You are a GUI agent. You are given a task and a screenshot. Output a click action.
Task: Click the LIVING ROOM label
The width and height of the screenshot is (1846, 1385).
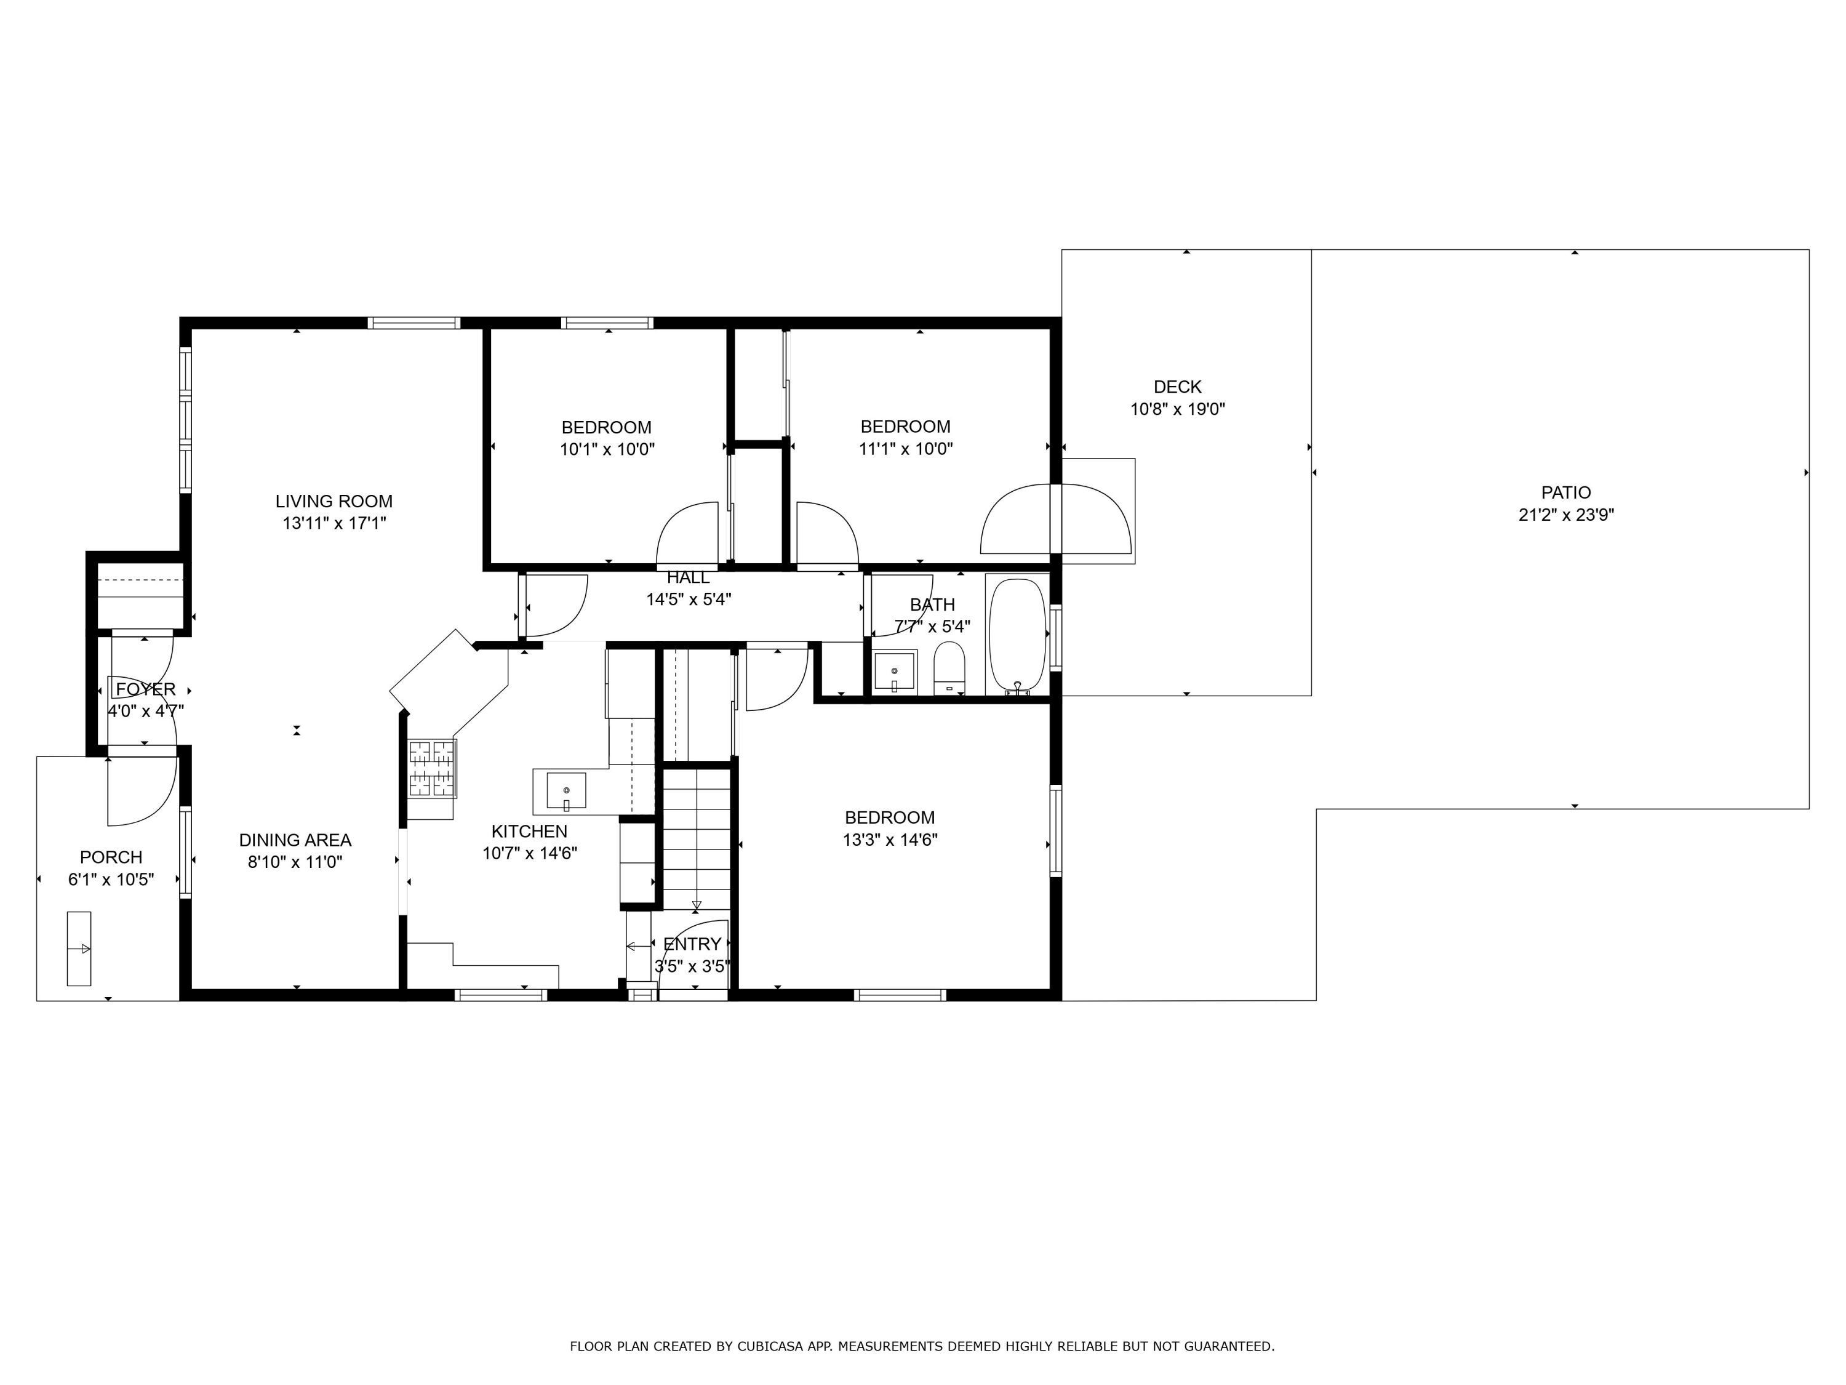pyautogui.click(x=334, y=501)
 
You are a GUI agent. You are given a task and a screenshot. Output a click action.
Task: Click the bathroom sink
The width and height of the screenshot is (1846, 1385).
pyautogui.click(x=895, y=671)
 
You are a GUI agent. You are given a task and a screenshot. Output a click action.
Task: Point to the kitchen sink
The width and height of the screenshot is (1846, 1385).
pyautogui.click(x=567, y=790)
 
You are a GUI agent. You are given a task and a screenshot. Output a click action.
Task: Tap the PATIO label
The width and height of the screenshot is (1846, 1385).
pyautogui.click(x=1565, y=492)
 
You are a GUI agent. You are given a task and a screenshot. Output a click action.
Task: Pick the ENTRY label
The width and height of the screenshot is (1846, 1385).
pyautogui.click(x=692, y=944)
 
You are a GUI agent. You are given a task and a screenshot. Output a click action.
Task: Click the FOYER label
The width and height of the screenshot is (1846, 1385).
pyautogui.click(x=146, y=689)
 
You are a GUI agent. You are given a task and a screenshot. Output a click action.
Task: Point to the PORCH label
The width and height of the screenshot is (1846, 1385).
pyautogui.click(x=111, y=857)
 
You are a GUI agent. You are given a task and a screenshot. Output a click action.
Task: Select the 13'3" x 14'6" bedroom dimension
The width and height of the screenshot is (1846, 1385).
pyautogui.click(x=890, y=840)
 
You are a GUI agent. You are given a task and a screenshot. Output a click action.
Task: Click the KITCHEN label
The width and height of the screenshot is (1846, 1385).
pyautogui.click(x=529, y=832)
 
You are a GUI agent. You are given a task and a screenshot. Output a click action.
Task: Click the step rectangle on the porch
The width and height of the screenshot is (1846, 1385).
pyautogui.click(x=78, y=949)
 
